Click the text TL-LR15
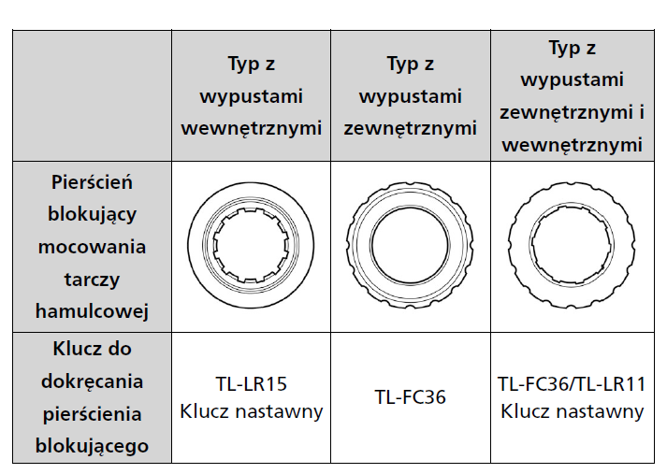tap(252, 384)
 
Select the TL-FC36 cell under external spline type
tap(410, 397)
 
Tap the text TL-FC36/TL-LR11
tap(572, 384)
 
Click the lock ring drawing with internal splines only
tap(251, 245)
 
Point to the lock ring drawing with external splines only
tap(410, 245)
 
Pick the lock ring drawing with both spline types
tap(572, 245)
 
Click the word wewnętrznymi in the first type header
tap(252, 128)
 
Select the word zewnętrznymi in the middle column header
tap(410, 128)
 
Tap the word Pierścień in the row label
tap(92, 182)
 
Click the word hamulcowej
tap(92, 311)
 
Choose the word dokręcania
tap(92, 381)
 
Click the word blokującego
tap(92, 446)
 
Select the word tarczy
tap(92, 280)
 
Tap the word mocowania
tap(92, 247)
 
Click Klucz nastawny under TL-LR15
tap(252, 411)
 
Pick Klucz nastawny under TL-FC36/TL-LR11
tap(572, 411)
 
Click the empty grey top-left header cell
tap(92, 95)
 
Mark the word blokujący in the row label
tap(92, 215)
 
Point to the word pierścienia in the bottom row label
tap(92, 414)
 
